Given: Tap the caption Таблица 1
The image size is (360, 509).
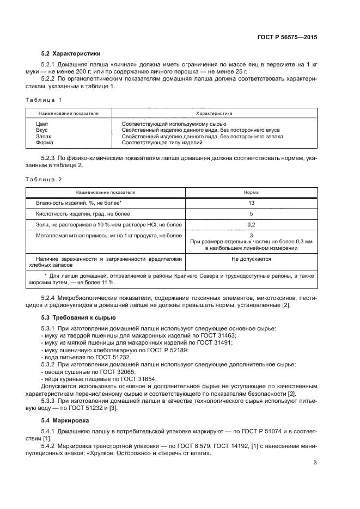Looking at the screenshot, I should pos(44,100).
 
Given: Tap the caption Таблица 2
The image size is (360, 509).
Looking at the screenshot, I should pos(44,179).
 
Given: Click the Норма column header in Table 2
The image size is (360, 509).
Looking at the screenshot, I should pos(251,192).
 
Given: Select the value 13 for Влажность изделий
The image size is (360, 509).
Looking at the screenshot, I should pos(251,203).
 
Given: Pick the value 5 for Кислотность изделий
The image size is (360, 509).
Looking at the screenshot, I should pos(251,213).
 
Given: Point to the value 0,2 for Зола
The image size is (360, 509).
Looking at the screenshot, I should pos(251,224).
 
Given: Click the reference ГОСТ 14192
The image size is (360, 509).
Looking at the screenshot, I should pos(201,430).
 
